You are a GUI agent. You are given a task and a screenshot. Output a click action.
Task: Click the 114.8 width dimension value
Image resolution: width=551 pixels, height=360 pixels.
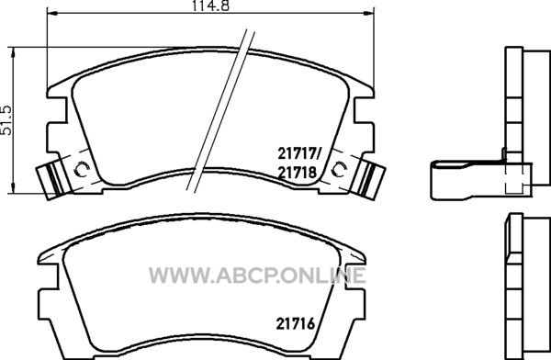coord(210,6)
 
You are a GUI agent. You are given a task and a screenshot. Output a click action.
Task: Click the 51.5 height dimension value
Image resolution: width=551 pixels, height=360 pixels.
coord(7,120)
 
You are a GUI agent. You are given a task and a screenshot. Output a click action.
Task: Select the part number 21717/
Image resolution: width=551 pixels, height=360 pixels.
coord(299,153)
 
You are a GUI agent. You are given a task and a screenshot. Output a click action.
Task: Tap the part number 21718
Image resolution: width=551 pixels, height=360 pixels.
coord(298,173)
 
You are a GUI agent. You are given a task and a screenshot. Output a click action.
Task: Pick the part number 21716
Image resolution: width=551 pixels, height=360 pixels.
coord(296,324)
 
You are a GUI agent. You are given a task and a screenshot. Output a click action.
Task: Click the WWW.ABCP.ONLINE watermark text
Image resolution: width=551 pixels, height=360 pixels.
coord(257,276)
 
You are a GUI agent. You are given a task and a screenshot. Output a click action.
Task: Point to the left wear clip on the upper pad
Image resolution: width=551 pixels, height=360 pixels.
coord(51,180)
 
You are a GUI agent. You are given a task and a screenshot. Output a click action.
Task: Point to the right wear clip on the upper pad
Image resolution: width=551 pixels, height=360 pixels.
coord(370,180)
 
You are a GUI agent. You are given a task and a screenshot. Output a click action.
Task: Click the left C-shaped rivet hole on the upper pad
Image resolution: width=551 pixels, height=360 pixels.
coord(83,170)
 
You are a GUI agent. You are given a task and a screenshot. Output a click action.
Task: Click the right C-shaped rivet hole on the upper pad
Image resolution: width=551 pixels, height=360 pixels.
coord(339,170)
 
